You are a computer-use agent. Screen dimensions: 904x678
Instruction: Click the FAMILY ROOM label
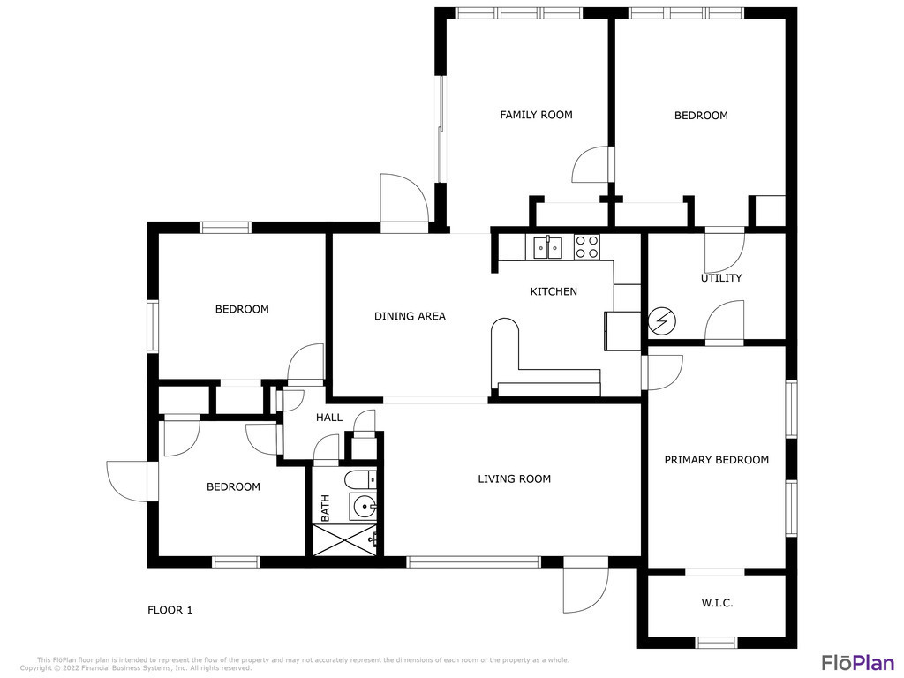tap(536, 115)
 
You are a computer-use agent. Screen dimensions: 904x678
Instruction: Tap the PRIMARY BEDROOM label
tap(717, 459)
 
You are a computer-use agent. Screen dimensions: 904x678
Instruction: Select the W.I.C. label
tap(717, 603)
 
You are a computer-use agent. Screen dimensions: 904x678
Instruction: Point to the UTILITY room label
tap(721, 278)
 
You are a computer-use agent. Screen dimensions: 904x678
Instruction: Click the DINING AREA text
tap(410, 316)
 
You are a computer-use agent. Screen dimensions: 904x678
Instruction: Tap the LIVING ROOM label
tap(515, 478)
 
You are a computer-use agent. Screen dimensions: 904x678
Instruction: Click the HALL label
tap(329, 418)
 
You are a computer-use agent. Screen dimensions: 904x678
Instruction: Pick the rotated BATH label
tap(325, 508)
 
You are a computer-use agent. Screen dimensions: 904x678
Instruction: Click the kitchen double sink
tap(547, 248)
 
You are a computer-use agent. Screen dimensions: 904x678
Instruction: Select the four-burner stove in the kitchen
tap(587, 247)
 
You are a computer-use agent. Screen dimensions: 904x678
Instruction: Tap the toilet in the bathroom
tap(360, 479)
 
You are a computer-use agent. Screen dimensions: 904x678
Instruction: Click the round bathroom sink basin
tap(364, 508)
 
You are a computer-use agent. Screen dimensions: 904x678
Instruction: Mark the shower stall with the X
tap(344, 540)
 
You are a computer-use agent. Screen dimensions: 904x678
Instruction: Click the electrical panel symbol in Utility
tap(662, 321)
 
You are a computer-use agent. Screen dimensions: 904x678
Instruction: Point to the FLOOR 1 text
tap(170, 610)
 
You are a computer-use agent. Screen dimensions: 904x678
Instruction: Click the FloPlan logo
tap(858, 662)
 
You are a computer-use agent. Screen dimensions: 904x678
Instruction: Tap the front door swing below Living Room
tap(586, 584)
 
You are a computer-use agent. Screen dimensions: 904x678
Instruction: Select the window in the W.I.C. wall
tap(717, 643)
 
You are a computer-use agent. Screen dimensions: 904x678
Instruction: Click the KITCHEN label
tap(554, 291)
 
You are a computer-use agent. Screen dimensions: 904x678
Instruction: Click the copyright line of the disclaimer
tap(136, 668)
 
